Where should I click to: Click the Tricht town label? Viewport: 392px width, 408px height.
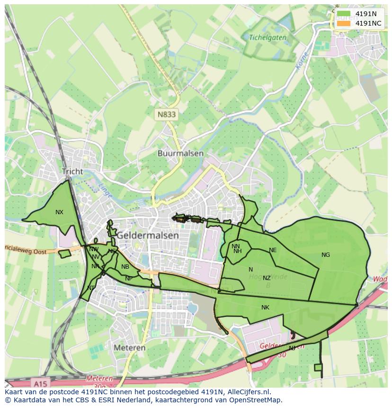[x=72, y=172]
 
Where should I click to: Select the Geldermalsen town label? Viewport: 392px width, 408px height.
[x=148, y=235]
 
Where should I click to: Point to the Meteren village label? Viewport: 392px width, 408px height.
[x=129, y=347]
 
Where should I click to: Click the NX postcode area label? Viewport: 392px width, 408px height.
[x=59, y=212]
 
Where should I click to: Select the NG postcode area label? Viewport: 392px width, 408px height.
[x=326, y=255]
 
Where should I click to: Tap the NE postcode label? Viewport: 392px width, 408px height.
[x=273, y=250]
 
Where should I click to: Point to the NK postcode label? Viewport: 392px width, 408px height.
[x=265, y=308]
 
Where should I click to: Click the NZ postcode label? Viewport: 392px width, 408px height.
[x=267, y=278]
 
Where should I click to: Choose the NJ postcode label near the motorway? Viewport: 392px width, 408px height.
[x=292, y=348]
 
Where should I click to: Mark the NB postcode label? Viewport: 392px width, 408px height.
[x=125, y=267]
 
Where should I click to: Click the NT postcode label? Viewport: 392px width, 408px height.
[x=91, y=288]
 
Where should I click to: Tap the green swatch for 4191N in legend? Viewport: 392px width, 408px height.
[x=344, y=14]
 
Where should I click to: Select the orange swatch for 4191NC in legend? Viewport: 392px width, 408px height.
[x=344, y=23]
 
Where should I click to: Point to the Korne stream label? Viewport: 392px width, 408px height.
[x=302, y=62]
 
